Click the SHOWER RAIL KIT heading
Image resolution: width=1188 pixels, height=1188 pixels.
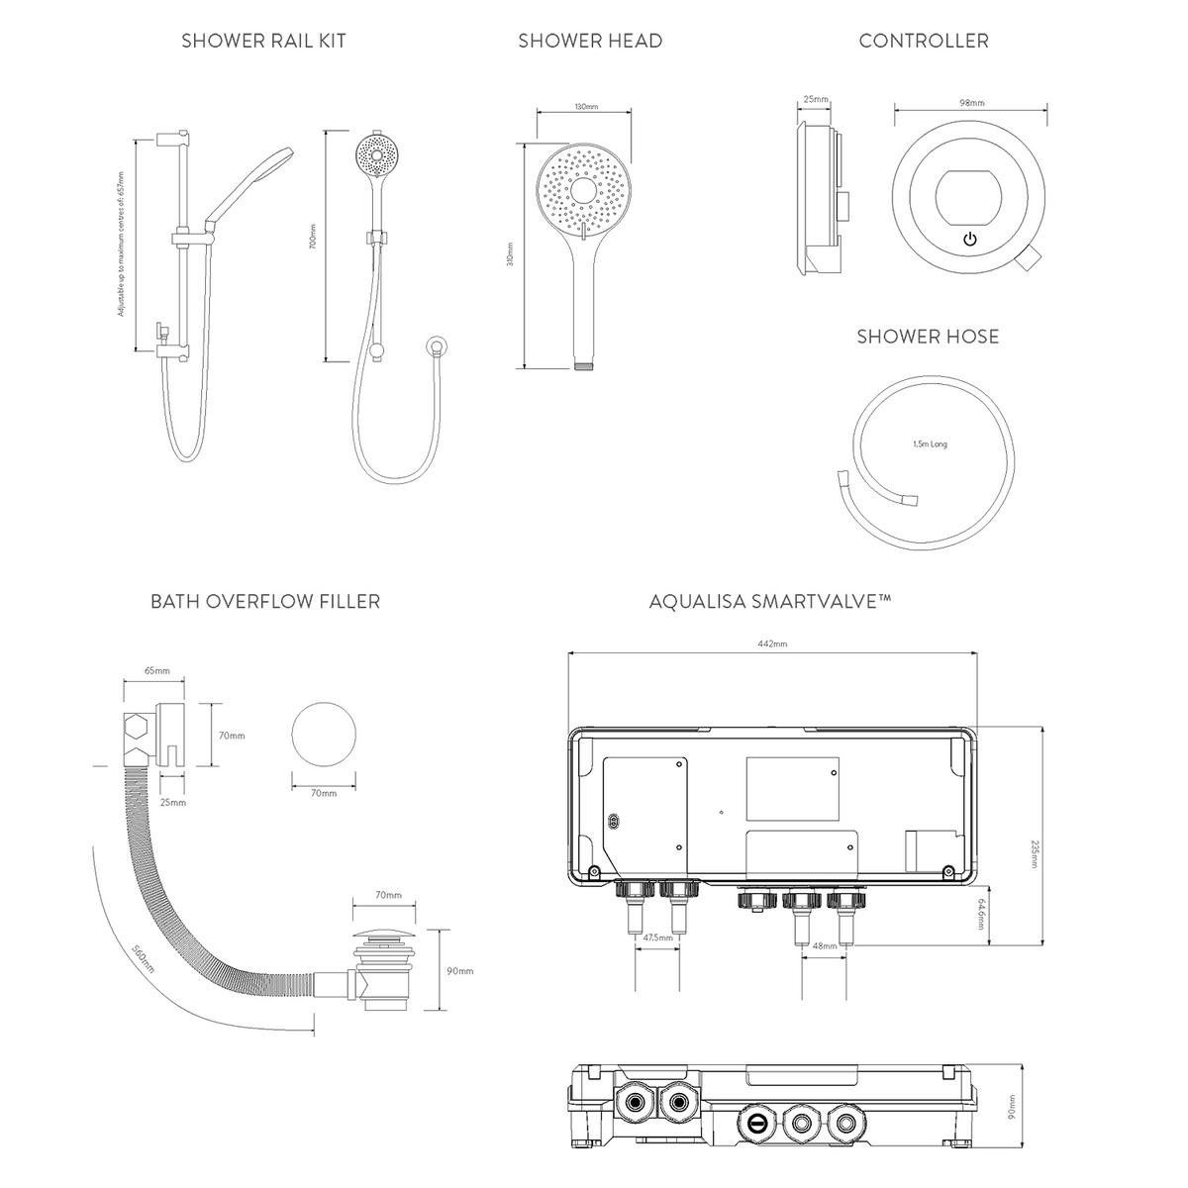tap(263, 42)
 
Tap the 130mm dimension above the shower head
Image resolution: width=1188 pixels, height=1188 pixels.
tap(586, 107)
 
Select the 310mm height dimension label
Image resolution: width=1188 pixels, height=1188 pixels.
tap(511, 255)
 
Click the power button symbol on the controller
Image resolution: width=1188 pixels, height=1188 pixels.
tap(970, 240)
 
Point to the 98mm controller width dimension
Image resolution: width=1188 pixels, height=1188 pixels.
tap(972, 103)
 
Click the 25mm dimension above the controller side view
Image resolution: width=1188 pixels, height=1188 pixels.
tap(816, 100)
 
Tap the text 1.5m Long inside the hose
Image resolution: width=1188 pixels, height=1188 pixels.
tap(930, 445)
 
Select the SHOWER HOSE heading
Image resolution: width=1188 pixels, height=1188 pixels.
tap(928, 337)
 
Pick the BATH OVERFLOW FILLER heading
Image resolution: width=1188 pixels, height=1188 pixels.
tap(264, 602)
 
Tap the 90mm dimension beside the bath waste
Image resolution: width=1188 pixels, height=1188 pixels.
tap(459, 971)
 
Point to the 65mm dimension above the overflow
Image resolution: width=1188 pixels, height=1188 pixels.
tap(156, 671)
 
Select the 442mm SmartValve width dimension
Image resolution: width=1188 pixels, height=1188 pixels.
tap(772, 644)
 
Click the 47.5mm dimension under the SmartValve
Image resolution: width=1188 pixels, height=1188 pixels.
tap(657, 937)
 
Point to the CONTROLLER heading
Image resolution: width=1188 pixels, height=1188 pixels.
tap(923, 42)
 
